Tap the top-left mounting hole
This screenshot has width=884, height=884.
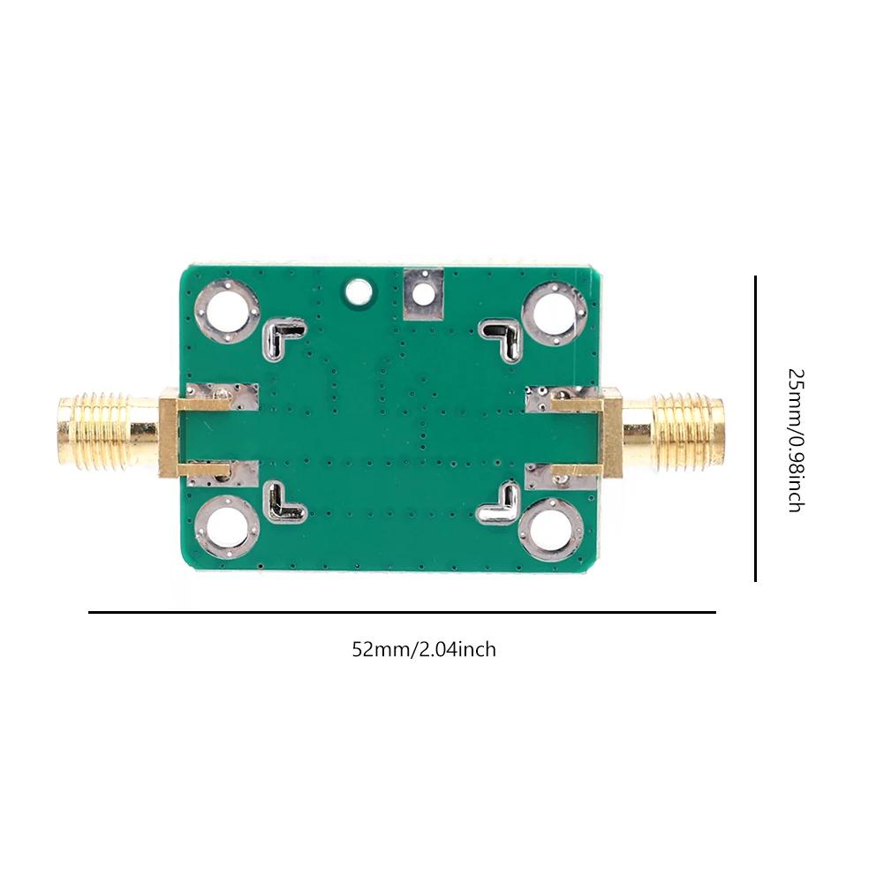228,313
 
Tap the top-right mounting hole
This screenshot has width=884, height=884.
554,313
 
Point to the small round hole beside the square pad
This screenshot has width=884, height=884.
359,290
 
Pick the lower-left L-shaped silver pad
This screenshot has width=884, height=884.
284,502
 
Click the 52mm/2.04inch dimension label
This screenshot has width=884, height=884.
424,650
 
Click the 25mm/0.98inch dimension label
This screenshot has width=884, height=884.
794,440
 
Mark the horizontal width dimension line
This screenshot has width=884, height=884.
402,611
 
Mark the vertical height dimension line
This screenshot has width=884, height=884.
756,428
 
